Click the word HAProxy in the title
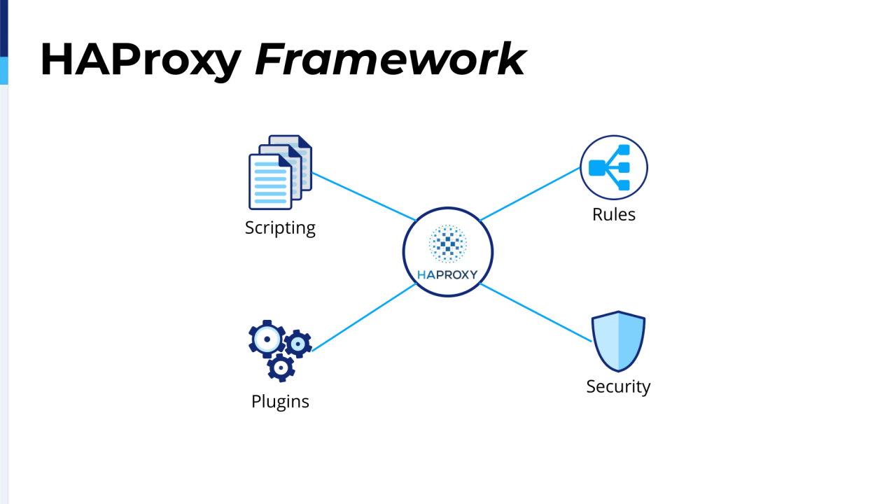coord(140,59)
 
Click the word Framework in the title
coord(390,59)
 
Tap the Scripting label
coord(280,228)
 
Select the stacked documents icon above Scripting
coord(280,172)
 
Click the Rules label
coord(614,215)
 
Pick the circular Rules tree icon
coord(614,168)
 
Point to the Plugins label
coord(280,402)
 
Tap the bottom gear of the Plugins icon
coord(281,366)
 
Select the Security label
coord(618,386)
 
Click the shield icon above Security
coord(618,342)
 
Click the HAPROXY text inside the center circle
coord(447,274)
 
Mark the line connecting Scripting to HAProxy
coord(364,197)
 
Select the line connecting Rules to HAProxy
coord(530,194)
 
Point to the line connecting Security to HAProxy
coord(535,312)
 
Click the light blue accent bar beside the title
coord(3,70)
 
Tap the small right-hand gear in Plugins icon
coord(298,344)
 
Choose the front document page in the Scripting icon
coord(270,182)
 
